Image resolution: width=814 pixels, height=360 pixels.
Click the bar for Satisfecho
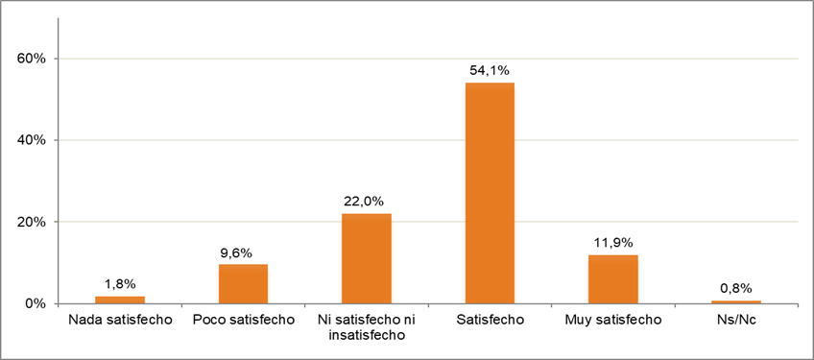click(490, 193)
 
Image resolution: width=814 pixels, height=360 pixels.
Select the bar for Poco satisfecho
click(243, 284)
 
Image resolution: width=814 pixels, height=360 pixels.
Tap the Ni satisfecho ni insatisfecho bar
click(367, 258)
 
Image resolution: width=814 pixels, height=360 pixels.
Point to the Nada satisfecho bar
click(120, 300)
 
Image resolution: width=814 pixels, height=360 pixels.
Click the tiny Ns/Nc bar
click(736, 301)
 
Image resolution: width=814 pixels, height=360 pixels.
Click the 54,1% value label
click(490, 70)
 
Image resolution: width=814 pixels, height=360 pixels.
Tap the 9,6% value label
click(243, 252)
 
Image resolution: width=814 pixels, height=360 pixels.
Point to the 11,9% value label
click(612, 243)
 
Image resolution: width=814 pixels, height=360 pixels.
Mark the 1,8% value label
click(120, 284)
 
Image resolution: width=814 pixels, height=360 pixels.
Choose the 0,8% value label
click(736, 288)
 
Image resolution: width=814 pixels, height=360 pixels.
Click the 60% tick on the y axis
click(33, 59)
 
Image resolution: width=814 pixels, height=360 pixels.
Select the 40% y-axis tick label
click(33, 140)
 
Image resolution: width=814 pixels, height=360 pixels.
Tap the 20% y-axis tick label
click(33, 222)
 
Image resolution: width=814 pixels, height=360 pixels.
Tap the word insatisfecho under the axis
click(367, 335)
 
